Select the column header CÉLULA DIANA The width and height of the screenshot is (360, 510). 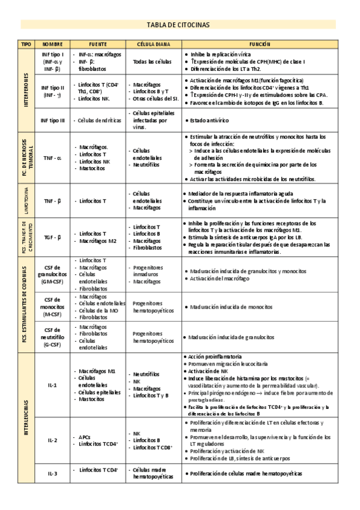[x=153, y=45]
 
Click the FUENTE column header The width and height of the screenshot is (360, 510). [x=98, y=45]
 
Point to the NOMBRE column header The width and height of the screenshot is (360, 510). [x=52, y=45]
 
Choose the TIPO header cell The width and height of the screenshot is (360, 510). [x=26, y=45]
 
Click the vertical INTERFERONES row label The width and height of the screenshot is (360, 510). [x=26, y=90]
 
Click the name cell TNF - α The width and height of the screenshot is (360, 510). [x=52, y=158]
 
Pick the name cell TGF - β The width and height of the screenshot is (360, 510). [x=52, y=238]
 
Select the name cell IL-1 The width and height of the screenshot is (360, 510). [x=52, y=384]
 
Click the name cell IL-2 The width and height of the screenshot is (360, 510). [x=52, y=440]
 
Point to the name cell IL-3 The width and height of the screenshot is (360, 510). [x=52, y=473]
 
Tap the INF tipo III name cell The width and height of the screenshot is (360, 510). [x=52, y=120]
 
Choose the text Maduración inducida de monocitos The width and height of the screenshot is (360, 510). [x=225, y=307]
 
